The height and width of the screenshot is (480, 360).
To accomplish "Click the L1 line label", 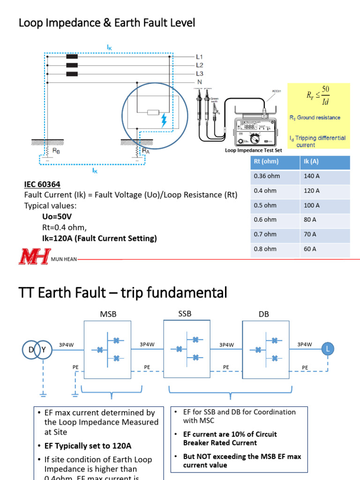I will coord(200,56).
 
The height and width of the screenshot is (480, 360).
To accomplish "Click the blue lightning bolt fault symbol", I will coord(164,120).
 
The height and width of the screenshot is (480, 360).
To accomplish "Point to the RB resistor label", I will coord(56,151).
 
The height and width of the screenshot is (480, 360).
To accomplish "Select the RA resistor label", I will coord(146,151).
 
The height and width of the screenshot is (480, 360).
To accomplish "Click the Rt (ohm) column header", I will coord(266,162).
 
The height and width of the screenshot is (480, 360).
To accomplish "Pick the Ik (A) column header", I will coord(311,162).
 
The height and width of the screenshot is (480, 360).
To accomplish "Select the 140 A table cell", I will coord(311,176).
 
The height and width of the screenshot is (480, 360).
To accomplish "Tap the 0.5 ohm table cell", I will coord(265,205).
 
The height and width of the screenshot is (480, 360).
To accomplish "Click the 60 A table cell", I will coord(310,249).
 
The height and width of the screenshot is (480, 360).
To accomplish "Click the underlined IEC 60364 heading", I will coord(42,185).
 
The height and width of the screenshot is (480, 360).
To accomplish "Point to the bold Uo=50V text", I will coord(57,217).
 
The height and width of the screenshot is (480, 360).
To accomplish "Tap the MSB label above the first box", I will coord(108,314).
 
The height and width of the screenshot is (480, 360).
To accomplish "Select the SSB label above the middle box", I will coord(185,314).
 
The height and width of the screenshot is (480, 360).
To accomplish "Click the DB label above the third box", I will coord(264,314).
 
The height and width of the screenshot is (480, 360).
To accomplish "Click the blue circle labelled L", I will coord(328,348).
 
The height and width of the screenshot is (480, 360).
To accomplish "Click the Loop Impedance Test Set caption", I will coord(253,150).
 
